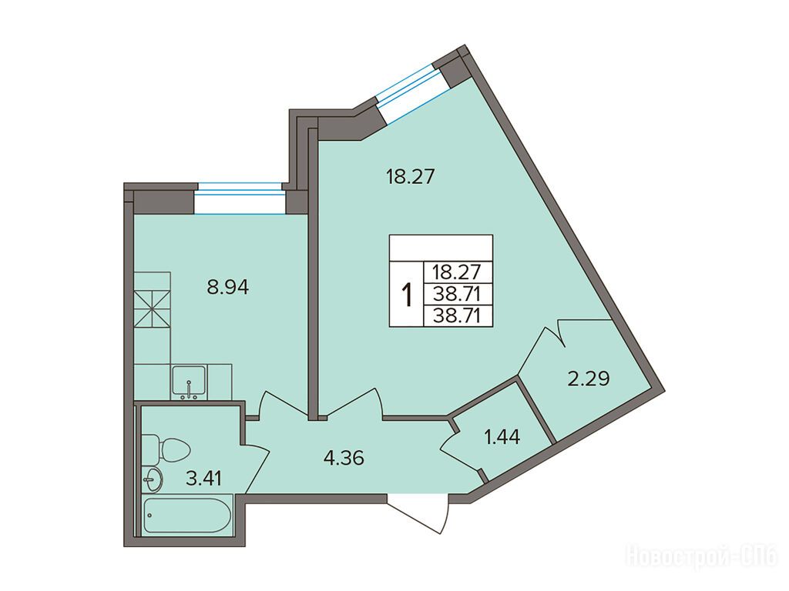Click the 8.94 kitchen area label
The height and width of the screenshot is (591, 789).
[228, 288]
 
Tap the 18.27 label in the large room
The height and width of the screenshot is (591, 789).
[410, 177]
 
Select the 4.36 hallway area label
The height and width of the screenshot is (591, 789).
[344, 458]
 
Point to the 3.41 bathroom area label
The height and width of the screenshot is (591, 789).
[203, 478]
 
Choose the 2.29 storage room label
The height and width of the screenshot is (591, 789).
[588, 377]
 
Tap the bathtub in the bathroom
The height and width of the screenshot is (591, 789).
[187, 514]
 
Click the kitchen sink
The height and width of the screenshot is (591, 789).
[189, 382]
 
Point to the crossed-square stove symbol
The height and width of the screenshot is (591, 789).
[153, 309]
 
